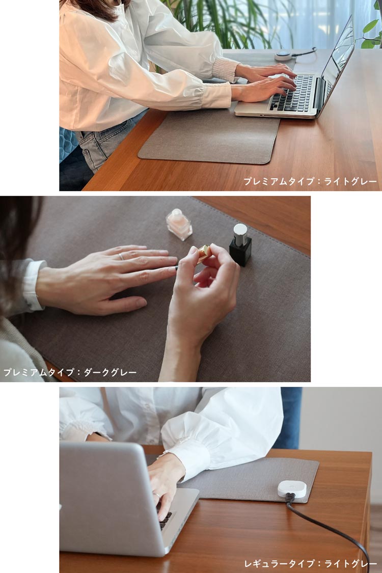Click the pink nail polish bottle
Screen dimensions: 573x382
click(179, 224)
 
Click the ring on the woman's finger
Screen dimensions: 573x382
click(121, 256)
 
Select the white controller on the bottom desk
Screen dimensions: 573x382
click(292, 489)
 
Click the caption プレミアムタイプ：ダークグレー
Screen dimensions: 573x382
click(70, 372)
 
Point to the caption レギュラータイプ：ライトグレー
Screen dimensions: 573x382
click(311, 563)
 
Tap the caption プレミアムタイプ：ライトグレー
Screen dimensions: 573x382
click(310, 181)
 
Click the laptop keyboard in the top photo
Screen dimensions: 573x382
click(294, 93)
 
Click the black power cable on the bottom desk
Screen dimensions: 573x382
click(331, 530)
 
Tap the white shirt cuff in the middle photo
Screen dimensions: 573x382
click(33, 285)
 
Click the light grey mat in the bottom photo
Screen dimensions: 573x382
click(244, 479)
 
